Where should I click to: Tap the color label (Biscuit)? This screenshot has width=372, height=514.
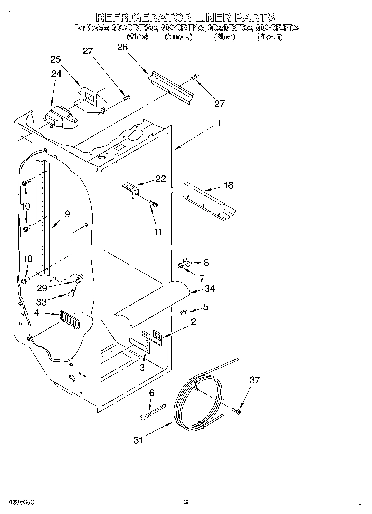click(269, 37)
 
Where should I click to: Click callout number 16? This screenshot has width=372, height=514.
click(229, 185)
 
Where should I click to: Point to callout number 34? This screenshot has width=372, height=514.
click(209, 289)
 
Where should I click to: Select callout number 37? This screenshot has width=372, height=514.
click(255, 380)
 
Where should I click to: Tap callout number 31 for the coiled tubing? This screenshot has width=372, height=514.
click(138, 440)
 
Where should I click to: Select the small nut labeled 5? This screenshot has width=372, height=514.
click(184, 313)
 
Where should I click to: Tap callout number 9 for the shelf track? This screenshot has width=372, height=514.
click(67, 214)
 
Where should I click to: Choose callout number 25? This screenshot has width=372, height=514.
click(56, 59)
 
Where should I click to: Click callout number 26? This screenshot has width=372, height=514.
click(122, 47)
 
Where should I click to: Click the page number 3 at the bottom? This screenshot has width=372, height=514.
click(186, 502)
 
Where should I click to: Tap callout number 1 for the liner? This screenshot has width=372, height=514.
click(219, 123)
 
